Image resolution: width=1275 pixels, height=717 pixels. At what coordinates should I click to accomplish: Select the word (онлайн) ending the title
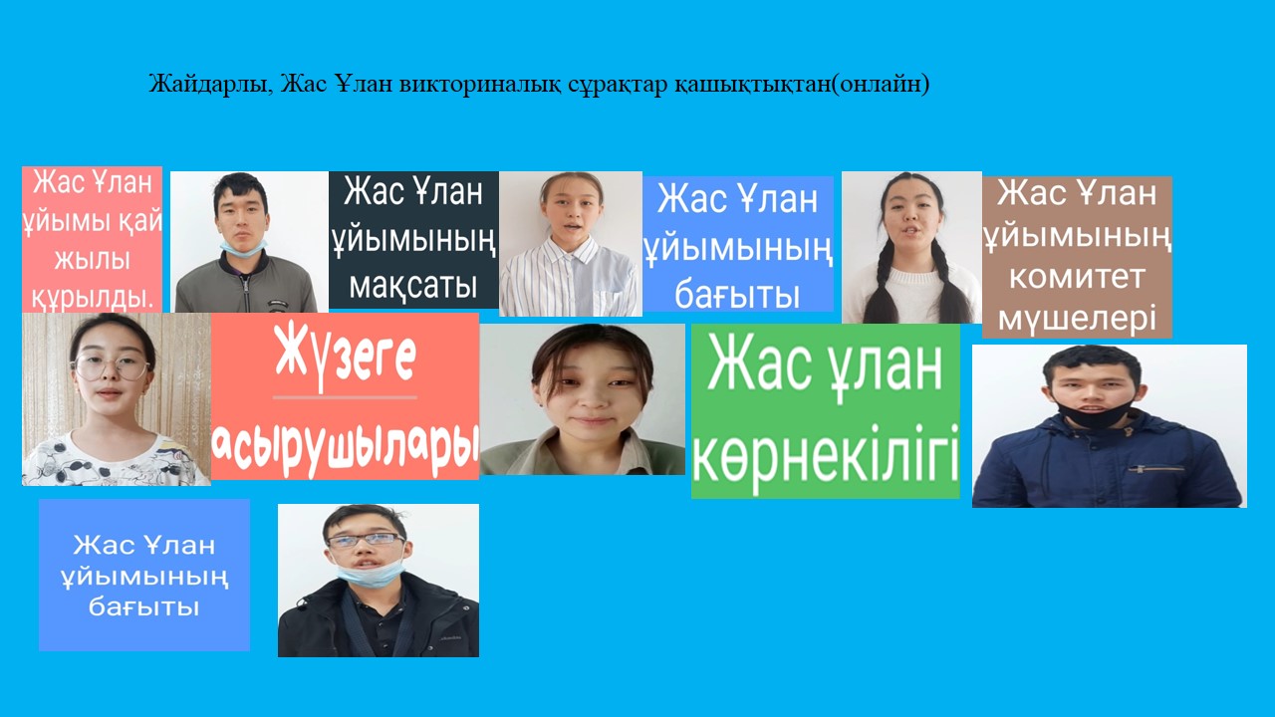click(880, 85)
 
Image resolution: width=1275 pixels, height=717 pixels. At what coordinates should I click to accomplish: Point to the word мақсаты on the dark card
click(412, 286)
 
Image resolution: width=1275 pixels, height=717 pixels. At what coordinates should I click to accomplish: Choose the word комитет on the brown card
click(1077, 277)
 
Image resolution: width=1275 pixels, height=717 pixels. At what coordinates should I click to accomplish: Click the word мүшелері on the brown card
click(1077, 319)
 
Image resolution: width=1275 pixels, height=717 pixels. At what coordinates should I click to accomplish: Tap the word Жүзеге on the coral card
click(345, 356)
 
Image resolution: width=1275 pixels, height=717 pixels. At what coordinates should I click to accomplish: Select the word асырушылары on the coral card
click(345, 448)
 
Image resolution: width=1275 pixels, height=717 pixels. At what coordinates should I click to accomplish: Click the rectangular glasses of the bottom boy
click(365, 540)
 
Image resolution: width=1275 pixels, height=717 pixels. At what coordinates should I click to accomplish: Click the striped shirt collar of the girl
click(569, 250)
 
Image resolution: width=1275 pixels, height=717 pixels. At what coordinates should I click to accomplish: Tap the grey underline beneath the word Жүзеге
click(345, 397)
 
